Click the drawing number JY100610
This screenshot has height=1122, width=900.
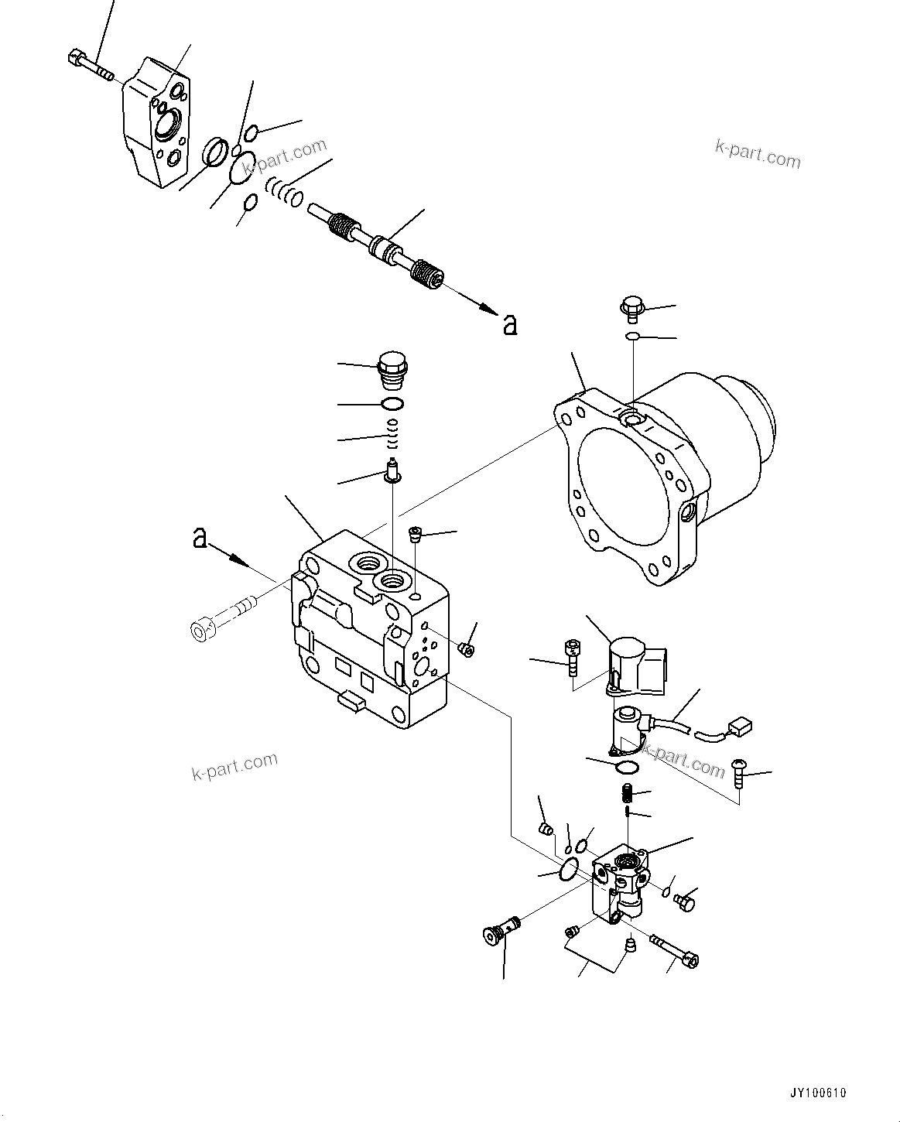point(818,1093)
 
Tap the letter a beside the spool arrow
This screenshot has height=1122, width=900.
point(509,325)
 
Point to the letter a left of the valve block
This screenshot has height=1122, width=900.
point(200,539)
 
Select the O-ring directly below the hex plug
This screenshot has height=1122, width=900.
point(392,403)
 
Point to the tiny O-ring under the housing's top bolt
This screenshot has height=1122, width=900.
point(632,337)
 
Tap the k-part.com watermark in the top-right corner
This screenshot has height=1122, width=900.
point(758,154)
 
